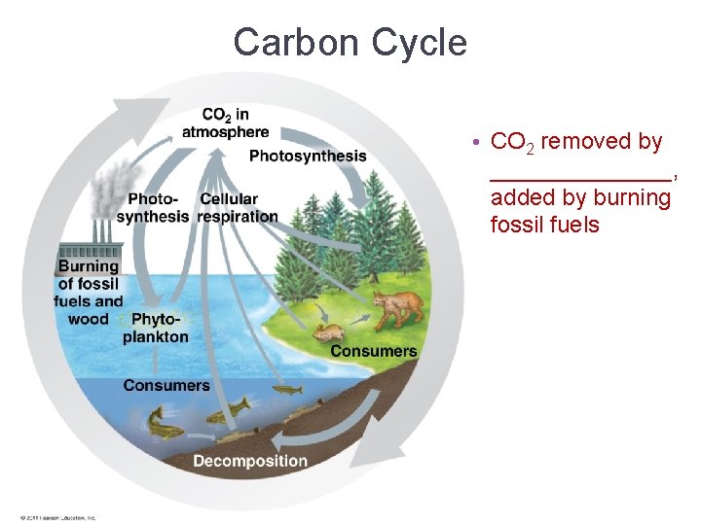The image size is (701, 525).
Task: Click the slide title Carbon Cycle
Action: (x=350, y=43)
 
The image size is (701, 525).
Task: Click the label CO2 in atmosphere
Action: (x=225, y=123)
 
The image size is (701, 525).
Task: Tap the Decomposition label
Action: (x=249, y=461)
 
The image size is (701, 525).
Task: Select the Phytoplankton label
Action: (x=156, y=328)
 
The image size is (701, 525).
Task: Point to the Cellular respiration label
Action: (x=238, y=208)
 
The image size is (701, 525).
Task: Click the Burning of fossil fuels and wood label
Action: (x=89, y=292)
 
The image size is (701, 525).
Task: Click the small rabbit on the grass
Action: (x=326, y=332)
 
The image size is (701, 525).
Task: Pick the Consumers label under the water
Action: (x=166, y=385)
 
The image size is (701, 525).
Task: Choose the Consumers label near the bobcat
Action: (x=373, y=351)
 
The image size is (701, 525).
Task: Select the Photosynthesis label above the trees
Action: (x=308, y=156)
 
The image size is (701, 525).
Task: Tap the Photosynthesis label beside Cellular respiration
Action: (x=152, y=208)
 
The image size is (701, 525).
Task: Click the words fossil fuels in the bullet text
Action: (x=544, y=226)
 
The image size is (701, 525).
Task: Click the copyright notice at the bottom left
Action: (x=57, y=517)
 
